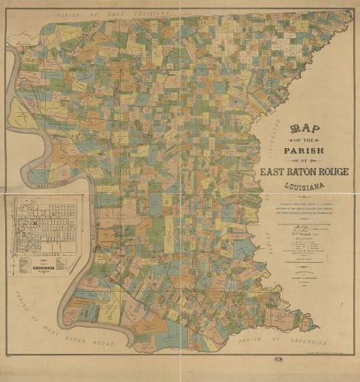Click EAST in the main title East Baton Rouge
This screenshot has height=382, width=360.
pyautogui.click(x=274, y=172)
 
